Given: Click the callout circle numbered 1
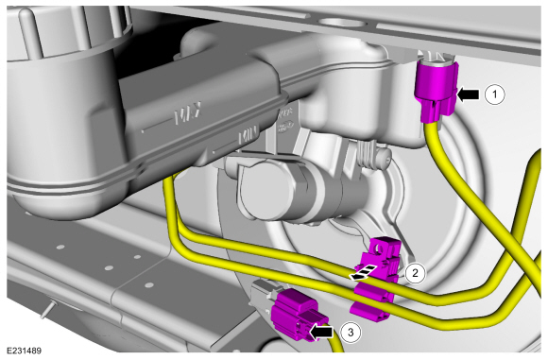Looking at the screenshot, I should pos(494,94).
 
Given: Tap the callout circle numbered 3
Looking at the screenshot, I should pos(350,332).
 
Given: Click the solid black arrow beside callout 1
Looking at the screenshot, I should pos(470,94).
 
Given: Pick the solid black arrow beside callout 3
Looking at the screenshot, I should pos(324,332).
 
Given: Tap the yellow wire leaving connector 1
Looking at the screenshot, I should pos(443,161).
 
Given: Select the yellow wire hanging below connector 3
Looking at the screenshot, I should pos(333,350).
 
